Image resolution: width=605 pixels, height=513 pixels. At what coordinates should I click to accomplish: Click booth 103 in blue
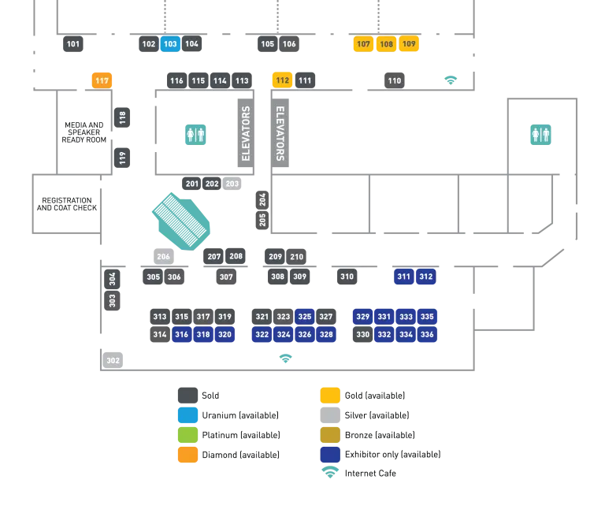click(170, 44)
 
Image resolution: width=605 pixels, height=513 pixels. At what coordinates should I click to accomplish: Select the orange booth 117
click(102, 80)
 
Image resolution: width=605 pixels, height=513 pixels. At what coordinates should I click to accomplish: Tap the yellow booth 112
click(283, 80)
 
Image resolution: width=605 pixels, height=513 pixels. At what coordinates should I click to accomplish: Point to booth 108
click(386, 44)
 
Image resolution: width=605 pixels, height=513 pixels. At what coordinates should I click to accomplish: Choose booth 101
click(74, 44)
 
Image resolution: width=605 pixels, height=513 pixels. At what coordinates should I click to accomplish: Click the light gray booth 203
click(232, 184)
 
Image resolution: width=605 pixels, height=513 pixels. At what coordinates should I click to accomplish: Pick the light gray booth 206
click(163, 256)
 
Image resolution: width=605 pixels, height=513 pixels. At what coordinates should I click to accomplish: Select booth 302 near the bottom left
click(113, 360)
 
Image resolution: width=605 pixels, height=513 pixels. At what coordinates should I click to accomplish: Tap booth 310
click(347, 277)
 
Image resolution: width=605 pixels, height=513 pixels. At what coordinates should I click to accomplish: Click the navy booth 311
click(403, 277)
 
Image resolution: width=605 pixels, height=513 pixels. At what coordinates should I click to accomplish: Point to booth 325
click(305, 317)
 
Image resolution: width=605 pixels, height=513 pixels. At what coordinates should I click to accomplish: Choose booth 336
click(427, 335)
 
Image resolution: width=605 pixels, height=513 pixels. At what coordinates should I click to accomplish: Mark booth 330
click(362, 335)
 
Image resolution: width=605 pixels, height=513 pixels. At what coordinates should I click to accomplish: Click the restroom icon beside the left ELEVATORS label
click(195, 133)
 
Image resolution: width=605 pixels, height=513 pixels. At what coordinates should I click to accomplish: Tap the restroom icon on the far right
click(541, 133)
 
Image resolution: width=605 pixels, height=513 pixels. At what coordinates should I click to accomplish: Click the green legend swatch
click(188, 435)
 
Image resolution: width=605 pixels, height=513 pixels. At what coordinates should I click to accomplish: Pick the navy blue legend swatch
click(330, 455)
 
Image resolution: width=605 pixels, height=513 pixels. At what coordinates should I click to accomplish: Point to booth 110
click(394, 80)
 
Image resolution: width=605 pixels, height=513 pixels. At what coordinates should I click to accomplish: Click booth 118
click(122, 118)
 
